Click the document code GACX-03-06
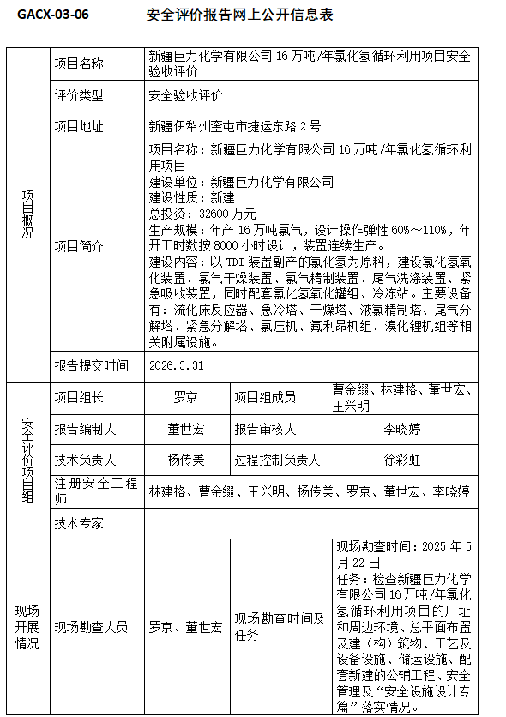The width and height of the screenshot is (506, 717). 52,15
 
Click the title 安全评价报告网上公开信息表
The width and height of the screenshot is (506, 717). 240,15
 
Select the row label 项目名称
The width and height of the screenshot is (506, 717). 79,63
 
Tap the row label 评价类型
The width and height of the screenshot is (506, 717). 79,95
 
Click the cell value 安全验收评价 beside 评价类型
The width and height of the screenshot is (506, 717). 185,95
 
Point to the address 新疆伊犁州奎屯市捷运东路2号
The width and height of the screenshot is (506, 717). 235,126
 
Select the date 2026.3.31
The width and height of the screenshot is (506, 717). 177,365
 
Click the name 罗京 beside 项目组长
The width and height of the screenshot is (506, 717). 185,397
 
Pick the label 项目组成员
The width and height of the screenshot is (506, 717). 266,397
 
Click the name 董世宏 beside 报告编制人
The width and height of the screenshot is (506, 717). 185,429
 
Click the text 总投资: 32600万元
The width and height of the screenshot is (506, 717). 202,214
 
